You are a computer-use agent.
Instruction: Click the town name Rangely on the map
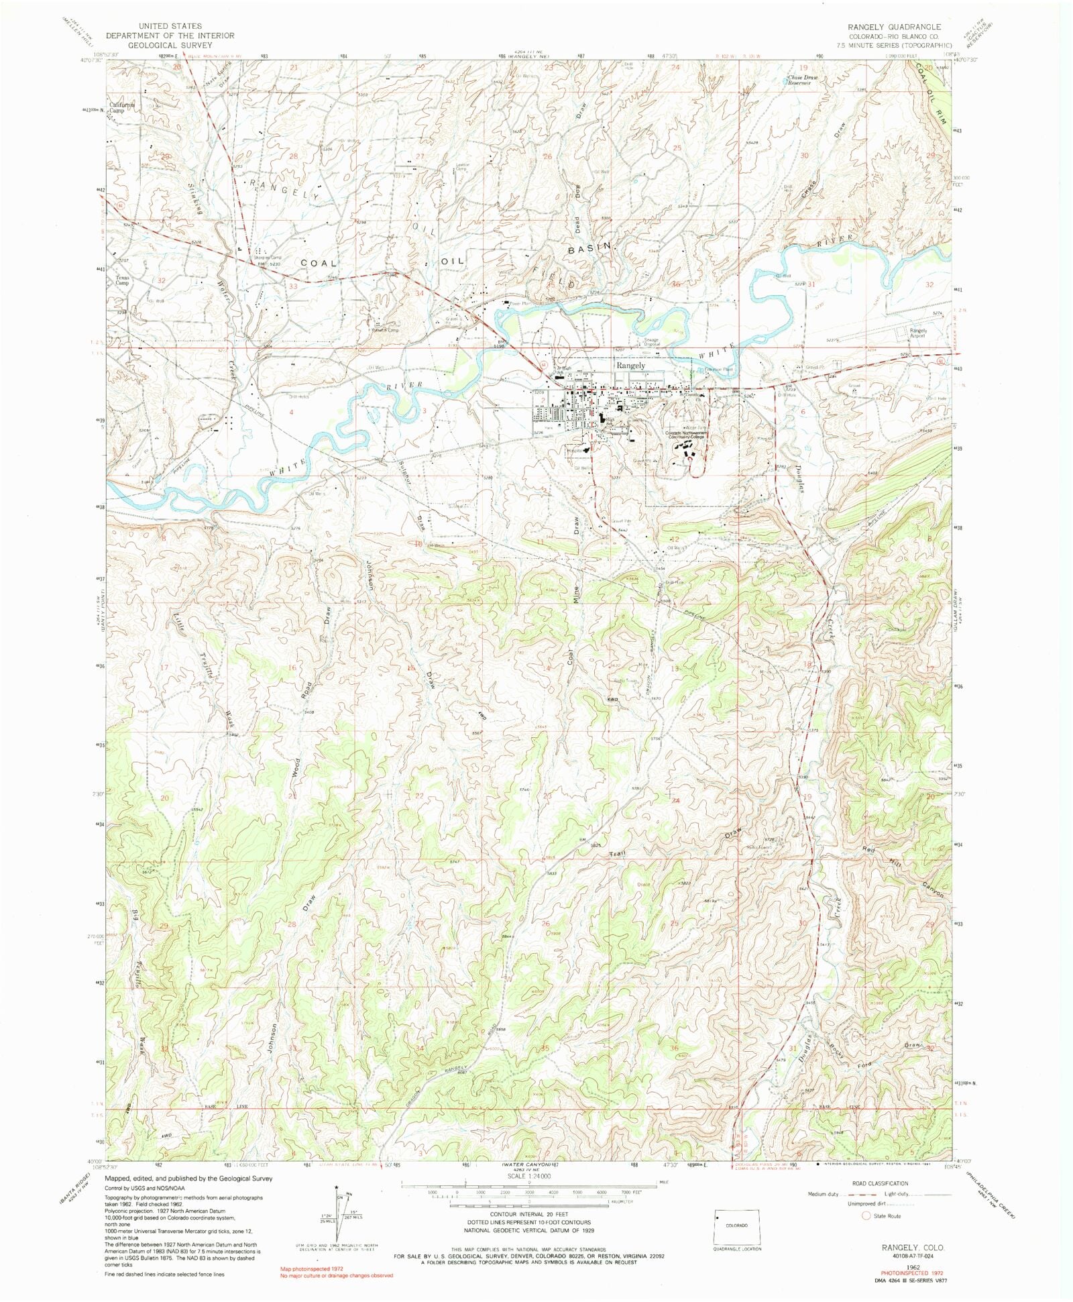(630, 366)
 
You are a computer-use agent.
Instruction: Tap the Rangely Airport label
(918, 333)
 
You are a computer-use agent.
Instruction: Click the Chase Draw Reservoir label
(803, 80)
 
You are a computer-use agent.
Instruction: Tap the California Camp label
(123, 107)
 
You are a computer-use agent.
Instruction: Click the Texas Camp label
(122, 280)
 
